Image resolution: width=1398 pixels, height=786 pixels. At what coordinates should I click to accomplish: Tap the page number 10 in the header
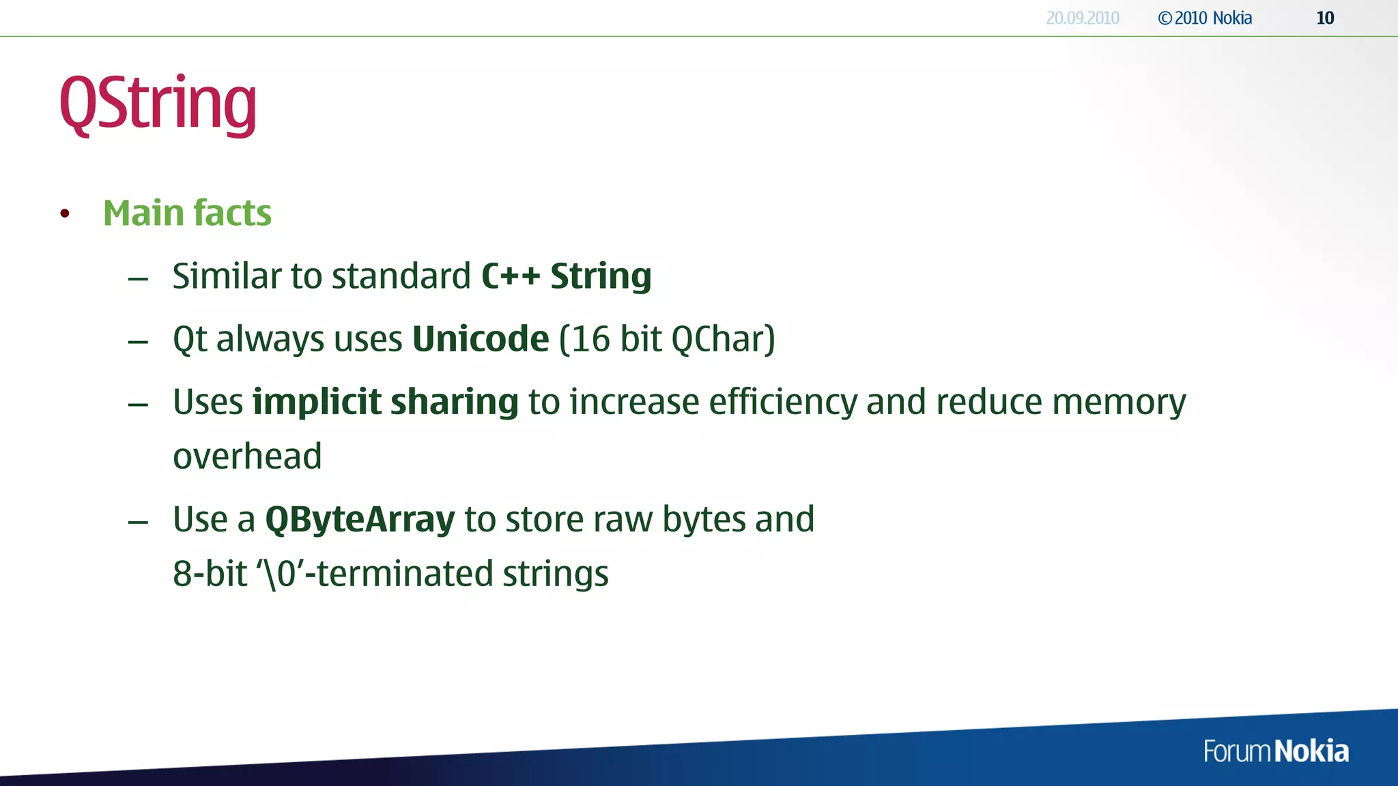[x=1325, y=18]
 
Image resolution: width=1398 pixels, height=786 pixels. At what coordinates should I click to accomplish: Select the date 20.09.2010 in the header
[x=1083, y=18]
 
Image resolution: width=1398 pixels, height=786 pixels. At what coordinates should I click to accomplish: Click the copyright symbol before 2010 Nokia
[x=1165, y=18]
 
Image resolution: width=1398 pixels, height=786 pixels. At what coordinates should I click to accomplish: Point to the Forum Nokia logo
[x=1275, y=751]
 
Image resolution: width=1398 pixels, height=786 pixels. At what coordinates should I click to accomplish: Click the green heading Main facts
[x=187, y=213]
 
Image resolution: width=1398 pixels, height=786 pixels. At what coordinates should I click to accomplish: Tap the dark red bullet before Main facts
[x=65, y=214]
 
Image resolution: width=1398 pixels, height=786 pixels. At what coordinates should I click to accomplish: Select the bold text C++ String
[x=566, y=276]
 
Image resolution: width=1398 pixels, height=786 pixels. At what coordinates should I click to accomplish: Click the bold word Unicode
[x=481, y=339]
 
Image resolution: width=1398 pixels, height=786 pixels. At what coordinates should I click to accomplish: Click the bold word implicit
[x=317, y=402]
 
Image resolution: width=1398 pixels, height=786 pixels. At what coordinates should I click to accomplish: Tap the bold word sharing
[x=455, y=402]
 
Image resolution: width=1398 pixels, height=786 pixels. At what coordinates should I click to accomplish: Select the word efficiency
[x=782, y=402]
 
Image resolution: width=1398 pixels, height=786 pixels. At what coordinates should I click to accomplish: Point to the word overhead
[x=247, y=456]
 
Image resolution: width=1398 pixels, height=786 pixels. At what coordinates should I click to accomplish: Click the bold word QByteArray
[x=360, y=520]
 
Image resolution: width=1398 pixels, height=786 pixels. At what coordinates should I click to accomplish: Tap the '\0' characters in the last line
[x=281, y=574]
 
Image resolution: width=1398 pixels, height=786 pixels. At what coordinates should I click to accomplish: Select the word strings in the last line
[x=555, y=574]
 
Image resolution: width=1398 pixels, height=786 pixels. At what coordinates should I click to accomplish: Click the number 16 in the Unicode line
[x=590, y=339]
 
